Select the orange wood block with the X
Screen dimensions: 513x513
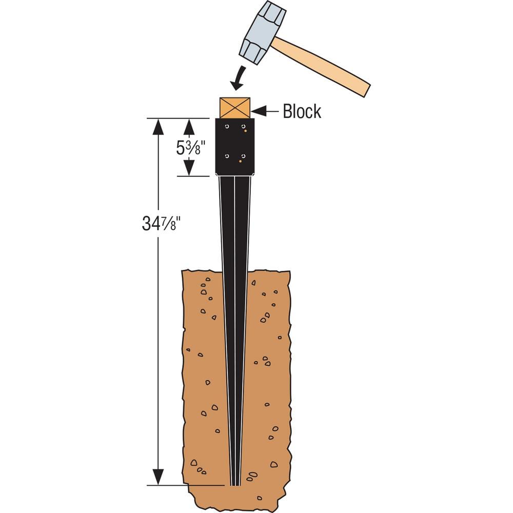pos(235,108)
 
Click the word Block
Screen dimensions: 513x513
pos(302,111)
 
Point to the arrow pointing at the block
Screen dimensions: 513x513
pos(264,110)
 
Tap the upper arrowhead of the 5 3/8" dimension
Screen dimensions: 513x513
pos(189,126)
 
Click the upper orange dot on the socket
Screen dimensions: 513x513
pos(246,131)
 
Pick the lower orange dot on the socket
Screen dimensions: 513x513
pos(240,161)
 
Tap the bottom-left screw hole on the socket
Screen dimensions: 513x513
pos(226,155)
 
